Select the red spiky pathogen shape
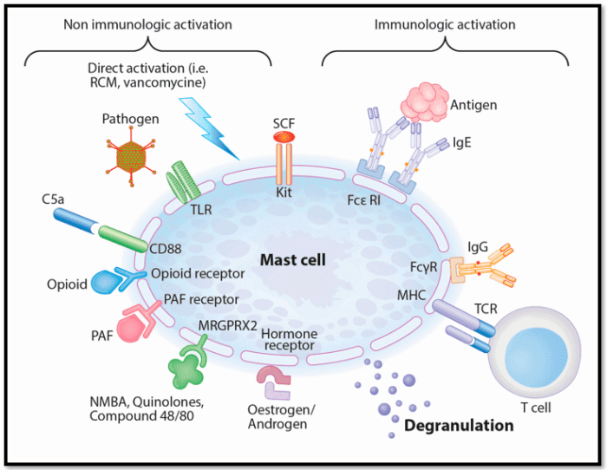tap(131, 157)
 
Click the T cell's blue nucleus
tap(531, 357)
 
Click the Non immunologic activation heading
tap(147, 24)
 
